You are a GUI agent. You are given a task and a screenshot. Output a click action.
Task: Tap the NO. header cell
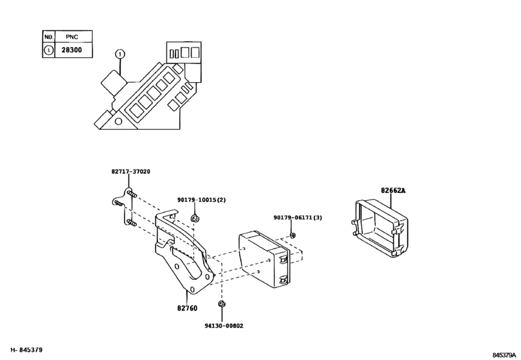pyautogui.click(x=48, y=37)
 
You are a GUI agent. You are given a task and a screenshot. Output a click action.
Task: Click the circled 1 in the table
pyautogui.click(x=48, y=49)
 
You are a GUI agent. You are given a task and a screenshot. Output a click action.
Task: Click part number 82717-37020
pyautogui.click(x=130, y=172)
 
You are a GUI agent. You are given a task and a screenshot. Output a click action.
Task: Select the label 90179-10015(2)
pyautogui.click(x=202, y=200)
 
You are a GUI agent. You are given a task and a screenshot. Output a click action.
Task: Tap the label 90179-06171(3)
pyautogui.click(x=297, y=217)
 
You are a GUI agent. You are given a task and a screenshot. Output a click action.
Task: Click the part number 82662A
pyautogui.click(x=394, y=190)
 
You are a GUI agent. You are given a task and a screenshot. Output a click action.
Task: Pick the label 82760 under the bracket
pyautogui.click(x=187, y=309)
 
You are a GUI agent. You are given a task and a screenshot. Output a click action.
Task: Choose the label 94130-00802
pyautogui.click(x=220, y=327)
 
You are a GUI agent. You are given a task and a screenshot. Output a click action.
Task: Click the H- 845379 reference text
pyautogui.click(x=22, y=350)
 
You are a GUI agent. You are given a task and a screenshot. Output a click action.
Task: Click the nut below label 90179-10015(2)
pyautogui.click(x=195, y=219)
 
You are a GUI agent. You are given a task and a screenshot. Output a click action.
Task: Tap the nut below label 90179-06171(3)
pyautogui.click(x=292, y=236)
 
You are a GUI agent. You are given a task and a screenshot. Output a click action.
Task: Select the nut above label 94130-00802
pyautogui.click(x=221, y=303)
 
